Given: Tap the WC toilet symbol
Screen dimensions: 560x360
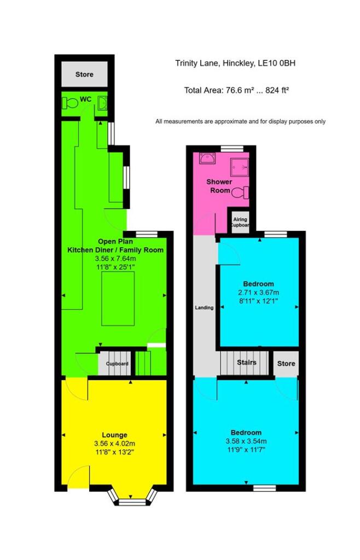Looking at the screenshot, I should coord(69,102).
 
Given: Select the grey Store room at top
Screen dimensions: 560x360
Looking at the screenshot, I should coord(84,74).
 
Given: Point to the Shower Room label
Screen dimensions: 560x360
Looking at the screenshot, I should coord(219,186).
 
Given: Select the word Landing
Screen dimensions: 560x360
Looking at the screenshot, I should coord(204,308).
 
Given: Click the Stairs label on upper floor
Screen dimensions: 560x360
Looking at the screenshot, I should coord(247,362).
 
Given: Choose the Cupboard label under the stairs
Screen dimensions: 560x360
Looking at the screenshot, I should coord(117,364).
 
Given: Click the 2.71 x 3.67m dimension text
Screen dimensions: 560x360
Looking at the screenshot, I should coord(258,293).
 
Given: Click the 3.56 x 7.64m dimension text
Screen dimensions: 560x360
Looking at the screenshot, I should coord(114,259).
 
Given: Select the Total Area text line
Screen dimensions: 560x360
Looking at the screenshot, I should coord(236,90).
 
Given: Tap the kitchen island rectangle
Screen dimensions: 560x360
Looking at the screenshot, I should coord(118,296).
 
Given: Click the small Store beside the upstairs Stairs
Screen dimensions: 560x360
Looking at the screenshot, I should coord(286,364).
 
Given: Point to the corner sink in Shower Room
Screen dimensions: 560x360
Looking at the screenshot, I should coord(207,159).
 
